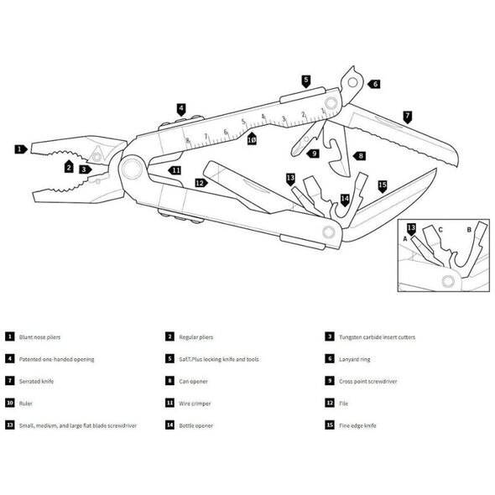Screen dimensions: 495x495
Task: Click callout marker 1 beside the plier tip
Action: point(21,149)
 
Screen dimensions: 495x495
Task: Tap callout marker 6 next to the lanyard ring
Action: point(374,84)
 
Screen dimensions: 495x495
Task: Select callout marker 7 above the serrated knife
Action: point(408,117)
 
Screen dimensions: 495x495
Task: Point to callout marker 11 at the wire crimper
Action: point(175,170)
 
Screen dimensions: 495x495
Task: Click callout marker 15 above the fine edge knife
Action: point(383,186)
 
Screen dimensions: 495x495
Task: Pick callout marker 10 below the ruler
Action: point(252,138)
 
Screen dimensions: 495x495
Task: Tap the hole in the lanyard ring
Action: point(352,83)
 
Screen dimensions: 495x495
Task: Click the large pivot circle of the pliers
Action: point(133,169)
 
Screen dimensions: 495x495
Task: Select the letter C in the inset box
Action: point(440,230)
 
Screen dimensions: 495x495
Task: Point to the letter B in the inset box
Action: point(469,230)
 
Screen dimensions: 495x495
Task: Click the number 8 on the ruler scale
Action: point(188,141)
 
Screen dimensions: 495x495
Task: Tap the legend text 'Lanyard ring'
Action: point(355,359)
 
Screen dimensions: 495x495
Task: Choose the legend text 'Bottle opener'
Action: point(196,425)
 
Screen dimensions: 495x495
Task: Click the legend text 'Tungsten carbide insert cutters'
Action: point(377,337)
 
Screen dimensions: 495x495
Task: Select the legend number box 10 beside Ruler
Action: point(10,403)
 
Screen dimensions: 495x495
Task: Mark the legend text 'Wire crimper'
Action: point(195,404)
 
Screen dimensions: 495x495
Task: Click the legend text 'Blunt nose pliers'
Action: point(39,337)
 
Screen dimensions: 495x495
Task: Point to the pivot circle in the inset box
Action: point(448,281)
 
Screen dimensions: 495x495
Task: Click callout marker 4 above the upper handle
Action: point(181,110)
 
